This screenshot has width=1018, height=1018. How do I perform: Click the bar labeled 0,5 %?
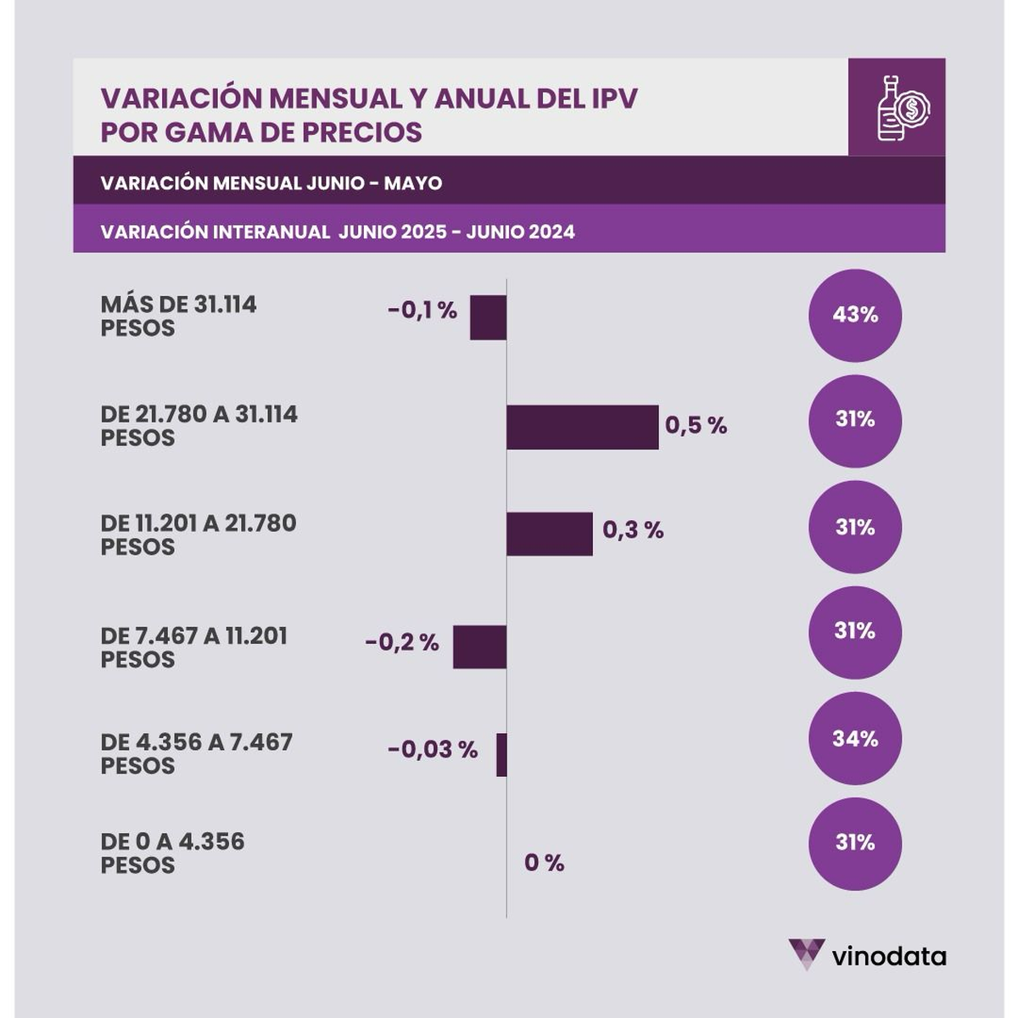point(582,427)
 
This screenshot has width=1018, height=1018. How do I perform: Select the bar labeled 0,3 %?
point(549,534)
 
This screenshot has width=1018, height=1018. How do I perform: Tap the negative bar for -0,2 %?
point(479,646)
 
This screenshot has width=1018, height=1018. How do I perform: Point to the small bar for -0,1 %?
point(488,317)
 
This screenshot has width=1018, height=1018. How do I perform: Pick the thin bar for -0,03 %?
point(501,754)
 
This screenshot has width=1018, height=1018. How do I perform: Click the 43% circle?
point(855,315)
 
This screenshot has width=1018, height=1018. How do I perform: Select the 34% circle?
point(855,738)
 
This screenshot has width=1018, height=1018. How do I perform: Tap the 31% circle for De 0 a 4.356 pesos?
point(855,843)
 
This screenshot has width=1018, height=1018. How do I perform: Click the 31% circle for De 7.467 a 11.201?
point(855,632)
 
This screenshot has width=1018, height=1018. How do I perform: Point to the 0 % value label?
point(544,864)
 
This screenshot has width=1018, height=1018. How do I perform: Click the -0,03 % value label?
point(433,750)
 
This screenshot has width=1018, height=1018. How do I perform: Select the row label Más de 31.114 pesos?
point(178,316)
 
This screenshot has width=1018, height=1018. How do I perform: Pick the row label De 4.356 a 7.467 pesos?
point(196,753)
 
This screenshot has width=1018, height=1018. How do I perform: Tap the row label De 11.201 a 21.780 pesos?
point(199,534)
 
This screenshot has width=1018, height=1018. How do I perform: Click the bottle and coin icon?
point(897,107)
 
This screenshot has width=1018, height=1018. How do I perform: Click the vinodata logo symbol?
point(805,954)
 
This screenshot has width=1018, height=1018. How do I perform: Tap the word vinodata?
point(888,957)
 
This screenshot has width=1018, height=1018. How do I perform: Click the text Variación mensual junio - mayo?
point(271,183)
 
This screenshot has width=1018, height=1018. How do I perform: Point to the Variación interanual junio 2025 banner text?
point(337,232)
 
